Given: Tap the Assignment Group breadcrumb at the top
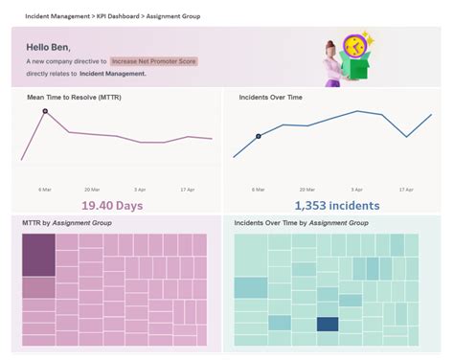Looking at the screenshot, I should (x=173, y=15).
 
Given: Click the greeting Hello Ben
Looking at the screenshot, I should (x=49, y=46).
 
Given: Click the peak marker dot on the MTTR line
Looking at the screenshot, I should (x=45, y=112).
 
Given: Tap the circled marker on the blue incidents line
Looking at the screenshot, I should (x=258, y=136).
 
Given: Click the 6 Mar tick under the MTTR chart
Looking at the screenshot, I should (x=45, y=189).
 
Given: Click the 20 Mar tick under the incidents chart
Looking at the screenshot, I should (x=307, y=189).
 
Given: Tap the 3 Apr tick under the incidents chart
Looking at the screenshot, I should (x=357, y=189).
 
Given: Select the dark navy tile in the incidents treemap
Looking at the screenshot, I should (x=328, y=325).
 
